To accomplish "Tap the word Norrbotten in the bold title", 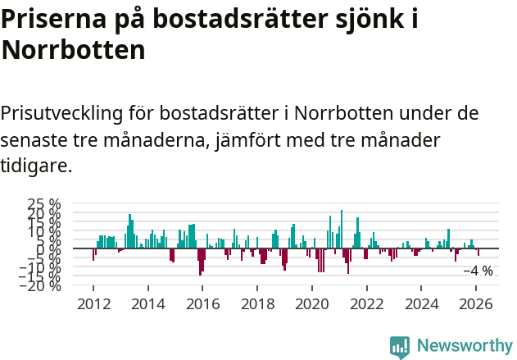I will [73, 51].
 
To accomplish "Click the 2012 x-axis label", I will [93, 303].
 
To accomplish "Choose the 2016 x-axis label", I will [202, 303].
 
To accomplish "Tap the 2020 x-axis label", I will [312, 303].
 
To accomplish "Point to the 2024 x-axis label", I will [422, 303].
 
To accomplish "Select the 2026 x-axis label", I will [477, 303].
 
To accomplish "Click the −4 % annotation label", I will [478, 271].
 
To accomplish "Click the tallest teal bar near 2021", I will [342, 229].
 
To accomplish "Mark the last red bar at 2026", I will [478, 252].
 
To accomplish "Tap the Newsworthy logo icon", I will [400, 346].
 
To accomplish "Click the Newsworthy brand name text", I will [465, 346].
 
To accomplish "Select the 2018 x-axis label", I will [257, 303].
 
